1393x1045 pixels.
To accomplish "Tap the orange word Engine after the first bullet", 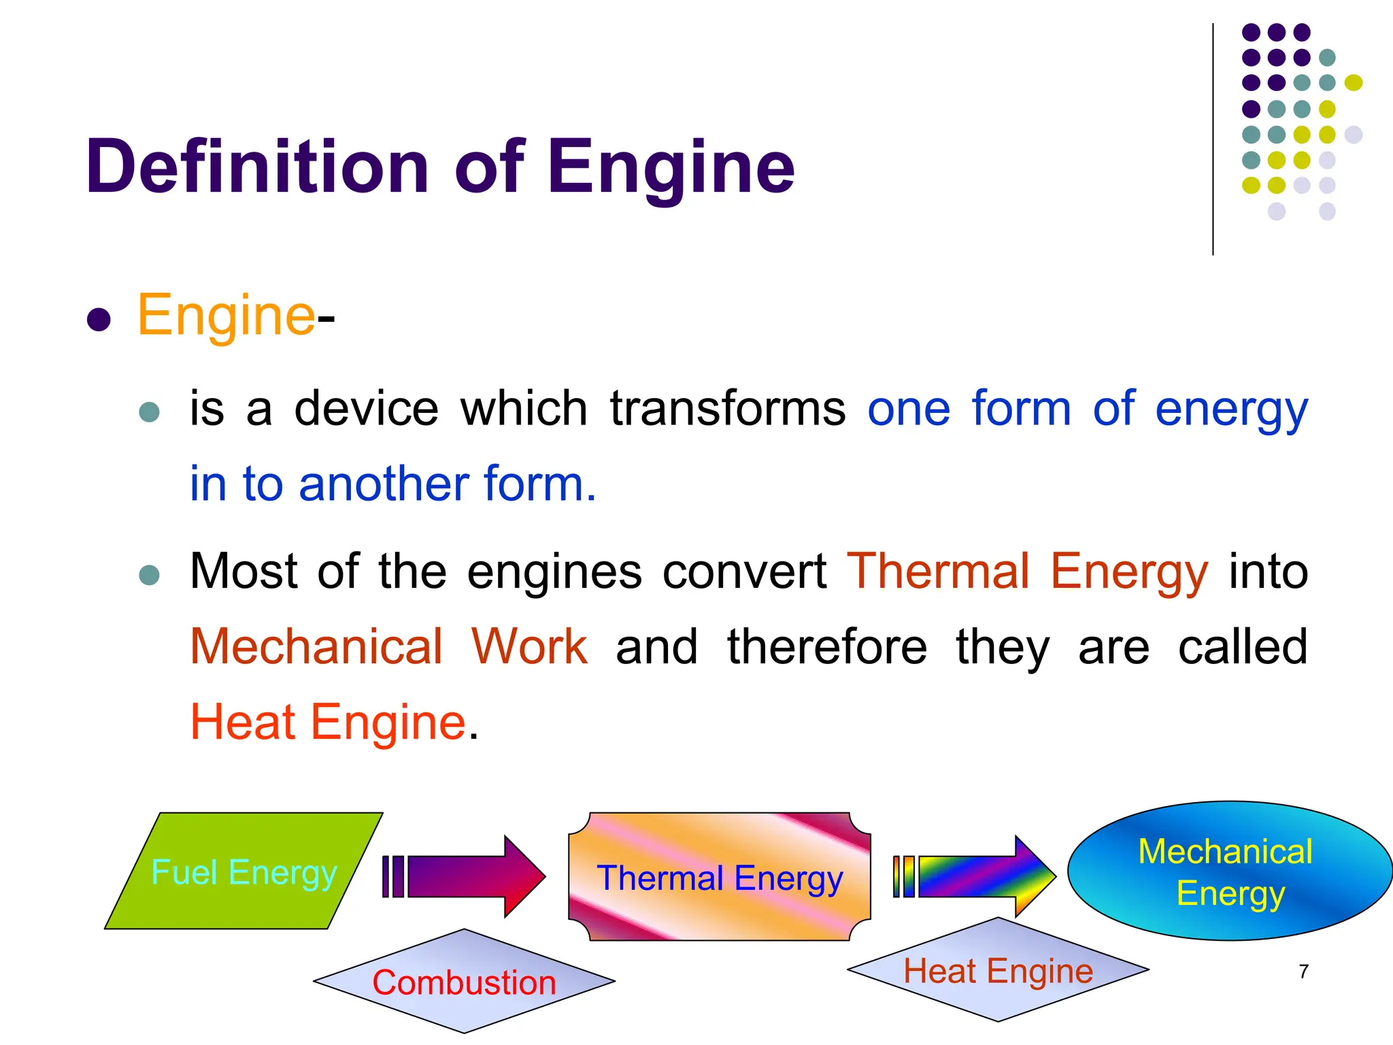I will (226, 316).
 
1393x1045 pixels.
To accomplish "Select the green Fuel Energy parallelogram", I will (244, 872).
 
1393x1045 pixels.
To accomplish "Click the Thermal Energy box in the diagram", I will (720, 878).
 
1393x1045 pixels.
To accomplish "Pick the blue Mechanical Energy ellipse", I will (1230, 872).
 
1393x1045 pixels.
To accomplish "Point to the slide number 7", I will (1303, 972).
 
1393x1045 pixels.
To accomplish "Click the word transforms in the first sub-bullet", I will (727, 409).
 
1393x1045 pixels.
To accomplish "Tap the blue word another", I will (384, 484).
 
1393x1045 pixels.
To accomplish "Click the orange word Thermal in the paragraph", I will (938, 571).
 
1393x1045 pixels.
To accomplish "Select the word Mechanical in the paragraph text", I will (316, 647).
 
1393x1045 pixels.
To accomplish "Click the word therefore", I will (827, 647).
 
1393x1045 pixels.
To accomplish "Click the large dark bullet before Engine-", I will (99, 320).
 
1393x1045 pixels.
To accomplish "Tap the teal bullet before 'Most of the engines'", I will (149, 575).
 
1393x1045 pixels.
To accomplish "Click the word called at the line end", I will (1243, 647).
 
